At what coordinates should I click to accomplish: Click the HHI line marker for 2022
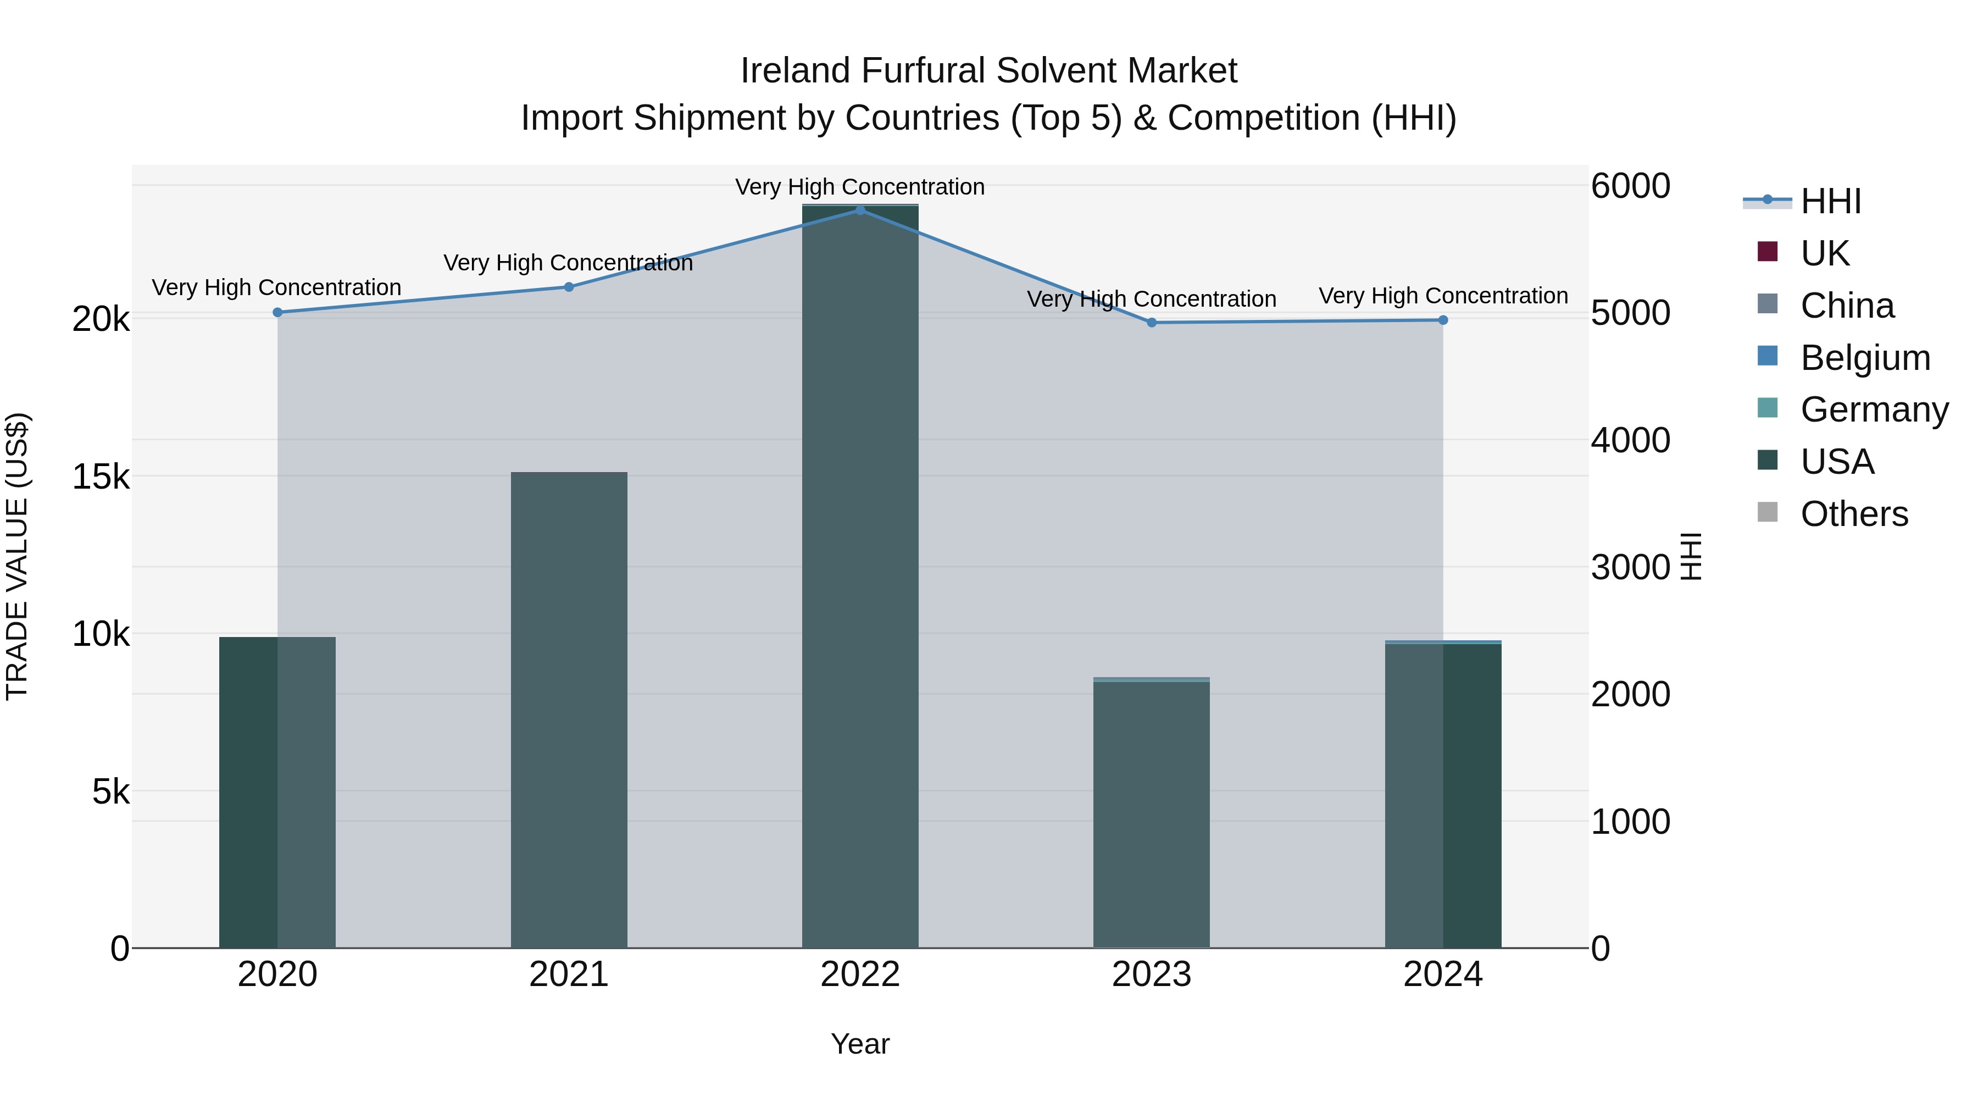(860, 210)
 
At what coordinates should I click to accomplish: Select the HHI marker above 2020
(277, 312)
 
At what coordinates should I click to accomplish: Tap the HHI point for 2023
(1151, 323)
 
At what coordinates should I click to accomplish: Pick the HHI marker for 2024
(1443, 319)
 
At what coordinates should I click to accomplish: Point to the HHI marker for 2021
(569, 286)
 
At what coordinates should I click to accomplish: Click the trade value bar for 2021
(569, 711)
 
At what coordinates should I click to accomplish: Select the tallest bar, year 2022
(860, 576)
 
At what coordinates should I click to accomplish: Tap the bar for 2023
(1151, 814)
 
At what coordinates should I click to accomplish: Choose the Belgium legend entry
(1864, 358)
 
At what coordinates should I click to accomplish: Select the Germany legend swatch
(1768, 408)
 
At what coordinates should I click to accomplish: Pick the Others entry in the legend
(1854, 514)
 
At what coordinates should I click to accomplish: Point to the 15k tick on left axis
(101, 477)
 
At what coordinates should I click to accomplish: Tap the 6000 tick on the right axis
(1630, 186)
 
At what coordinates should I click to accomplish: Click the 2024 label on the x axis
(1443, 974)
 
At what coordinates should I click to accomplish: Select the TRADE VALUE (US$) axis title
(17, 556)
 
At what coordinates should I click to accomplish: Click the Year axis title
(860, 1044)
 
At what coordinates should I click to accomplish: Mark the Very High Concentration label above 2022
(860, 187)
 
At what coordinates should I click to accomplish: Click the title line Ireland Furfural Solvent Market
(988, 71)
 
